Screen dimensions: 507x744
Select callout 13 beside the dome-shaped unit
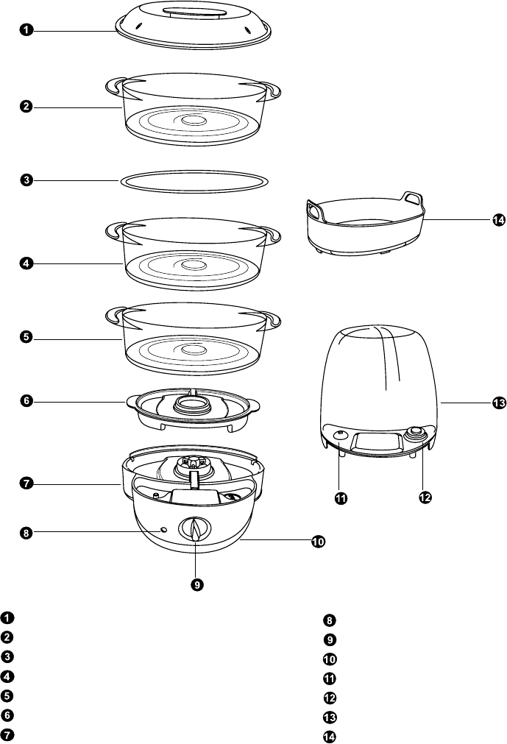(499, 403)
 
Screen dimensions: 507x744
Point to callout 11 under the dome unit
(341, 498)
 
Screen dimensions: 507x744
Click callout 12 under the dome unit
(424, 498)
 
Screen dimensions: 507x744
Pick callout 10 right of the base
(318, 542)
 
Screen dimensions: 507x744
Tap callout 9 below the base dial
(196, 584)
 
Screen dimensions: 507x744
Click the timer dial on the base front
(195, 529)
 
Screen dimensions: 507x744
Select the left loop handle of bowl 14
(316, 210)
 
